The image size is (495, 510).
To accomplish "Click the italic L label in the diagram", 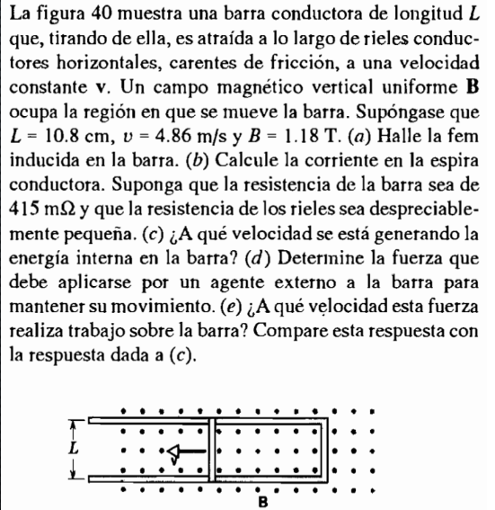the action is coord(75,445).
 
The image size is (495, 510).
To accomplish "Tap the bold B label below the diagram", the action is coord(262,501).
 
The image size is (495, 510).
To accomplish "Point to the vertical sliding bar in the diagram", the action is coord(213,447).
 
